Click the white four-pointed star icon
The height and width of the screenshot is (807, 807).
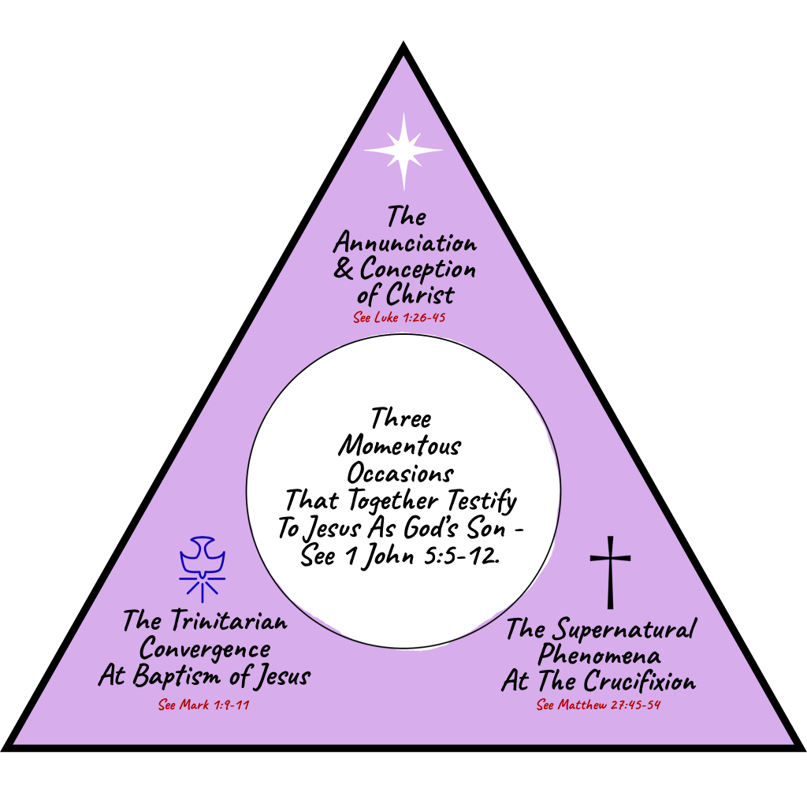point(403,151)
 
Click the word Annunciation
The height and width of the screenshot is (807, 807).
point(404,243)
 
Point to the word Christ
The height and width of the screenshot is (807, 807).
point(421,295)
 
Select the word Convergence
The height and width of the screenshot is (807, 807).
point(204,649)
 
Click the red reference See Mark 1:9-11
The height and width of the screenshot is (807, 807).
point(204,704)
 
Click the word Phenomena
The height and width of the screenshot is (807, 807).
point(601,656)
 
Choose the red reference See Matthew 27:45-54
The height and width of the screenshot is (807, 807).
point(599,705)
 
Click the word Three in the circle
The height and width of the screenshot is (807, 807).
point(401,418)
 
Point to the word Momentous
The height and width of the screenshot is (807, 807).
point(400,446)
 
